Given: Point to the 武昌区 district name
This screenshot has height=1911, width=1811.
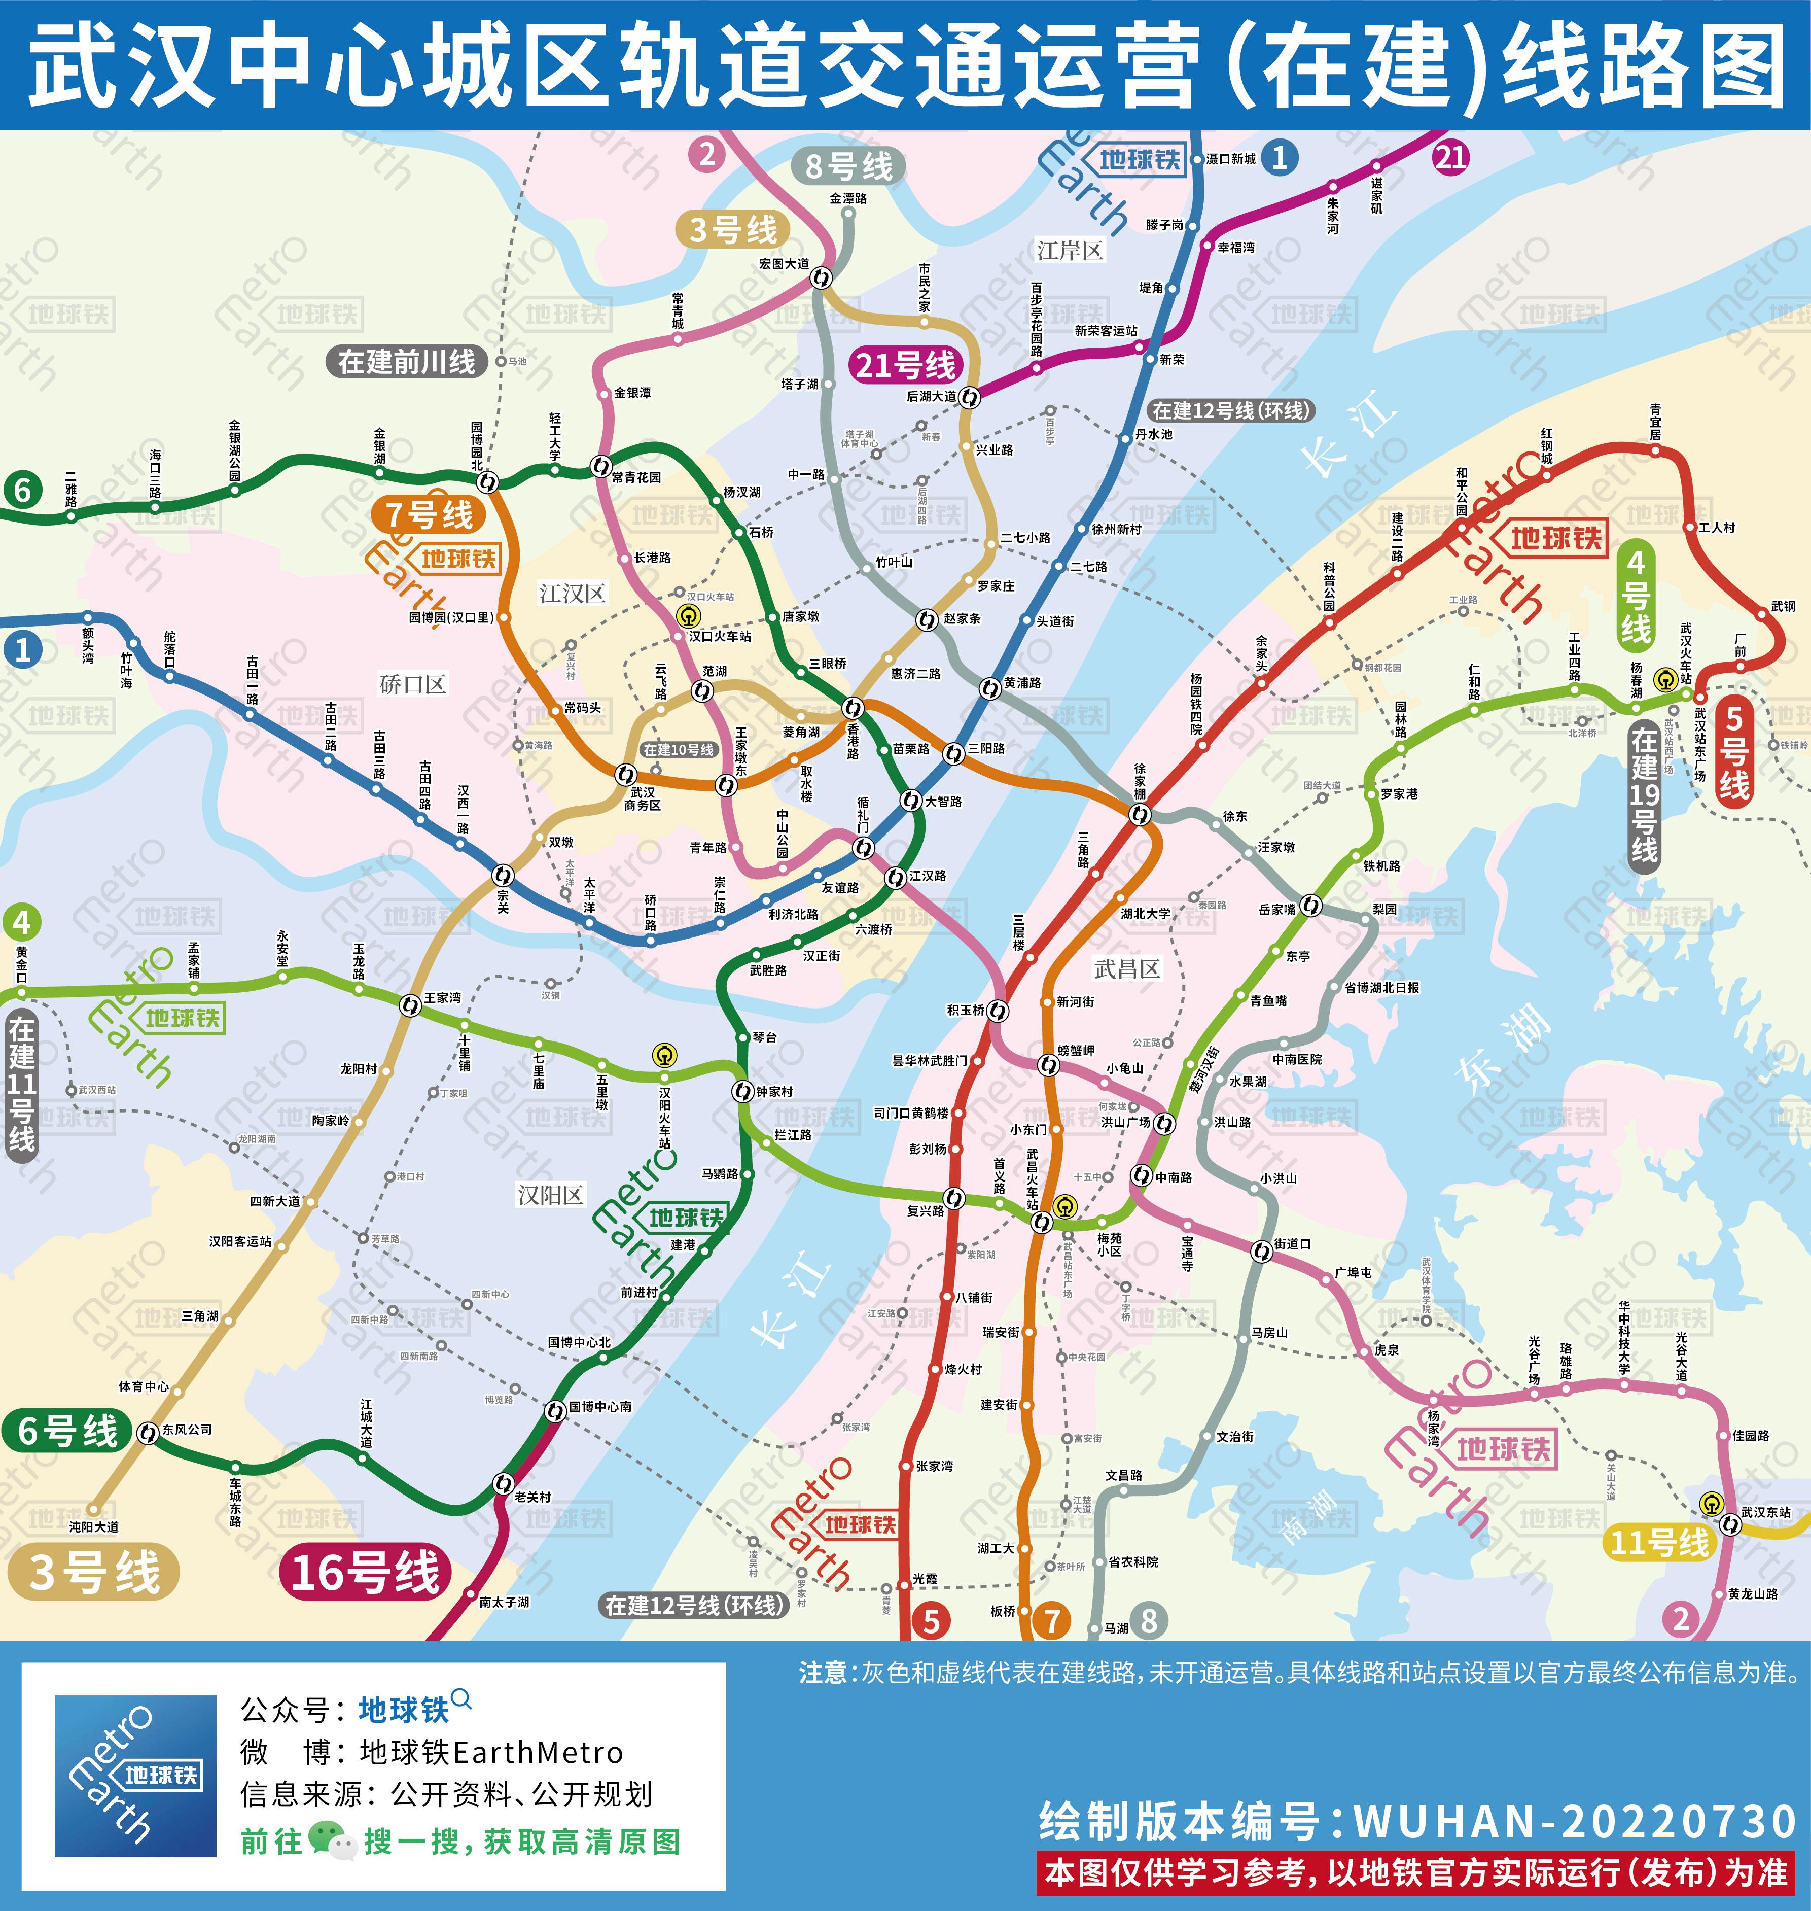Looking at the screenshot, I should [1126, 968].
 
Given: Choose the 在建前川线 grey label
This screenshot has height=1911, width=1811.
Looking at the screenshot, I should [406, 362].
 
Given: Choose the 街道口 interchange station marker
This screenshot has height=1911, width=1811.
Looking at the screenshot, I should [1261, 1252].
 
